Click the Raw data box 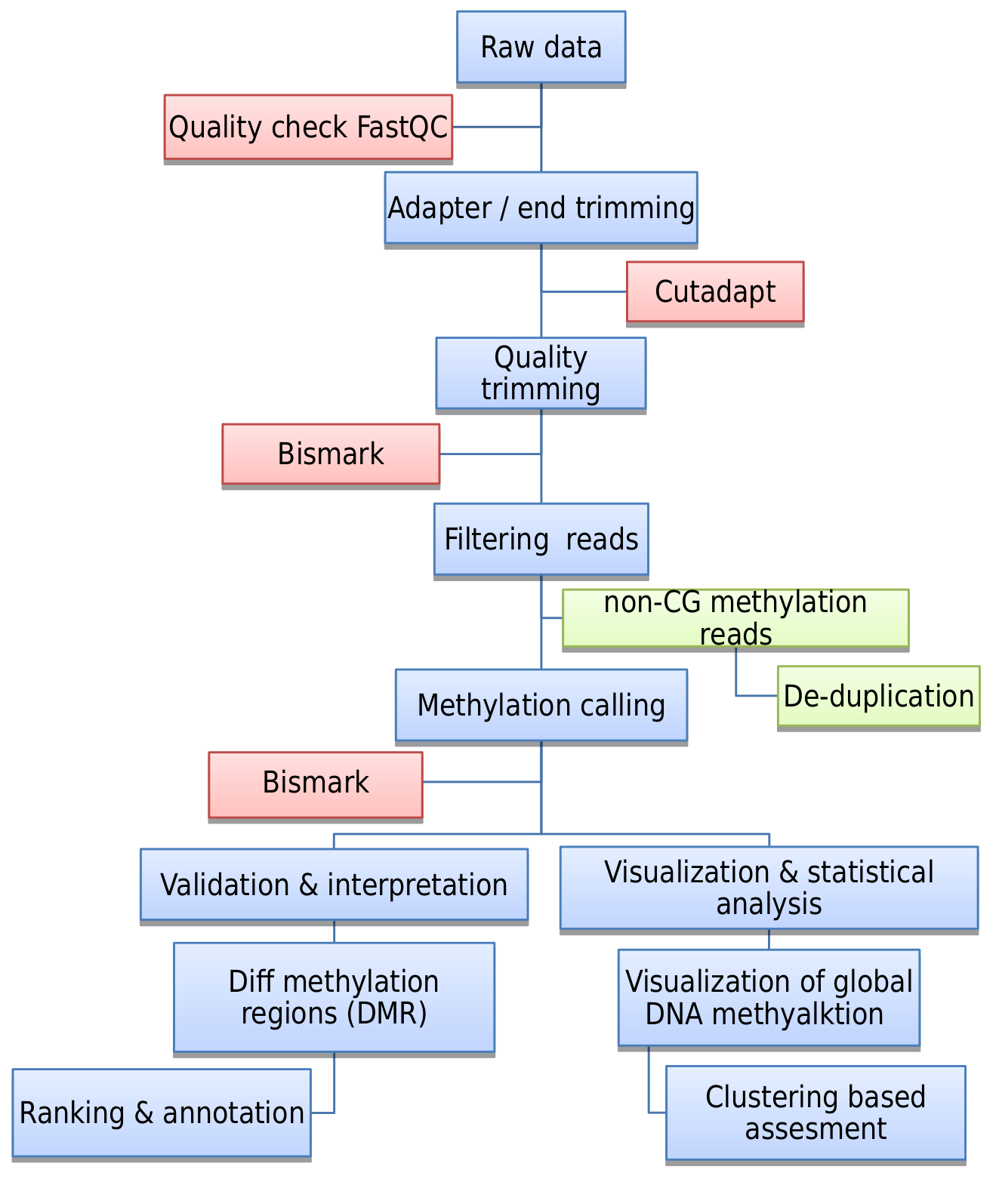(x=541, y=47)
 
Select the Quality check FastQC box (x=308, y=127)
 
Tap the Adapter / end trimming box (x=541, y=208)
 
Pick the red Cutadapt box (x=714, y=292)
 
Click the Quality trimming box (x=541, y=373)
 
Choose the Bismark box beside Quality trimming (x=331, y=454)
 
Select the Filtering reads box (x=541, y=539)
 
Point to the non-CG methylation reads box (x=735, y=617)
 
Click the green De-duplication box (x=878, y=696)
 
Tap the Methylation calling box (x=541, y=705)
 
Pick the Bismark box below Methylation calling (x=316, y=783)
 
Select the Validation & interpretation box (x=334, y=885)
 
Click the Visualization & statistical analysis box (x=769, y=888)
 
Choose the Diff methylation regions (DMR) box (x=334, y=997)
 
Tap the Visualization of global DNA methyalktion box (x=769, y=997)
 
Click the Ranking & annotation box (x=162, y=1113)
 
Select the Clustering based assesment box (x=816, y=1113)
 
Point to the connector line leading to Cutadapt (x=584, y=291)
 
